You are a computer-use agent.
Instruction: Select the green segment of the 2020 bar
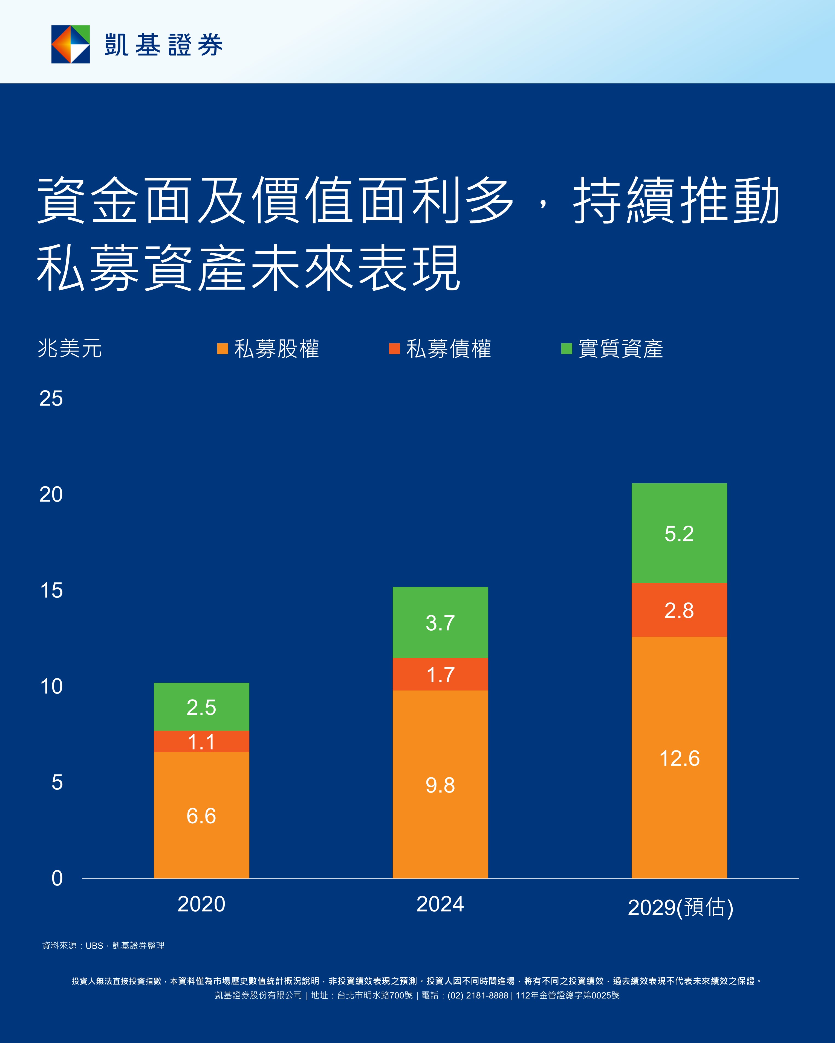pos(201,707)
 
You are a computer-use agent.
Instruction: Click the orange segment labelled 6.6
pos(201,815)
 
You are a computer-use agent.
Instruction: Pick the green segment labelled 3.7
pos(440,623)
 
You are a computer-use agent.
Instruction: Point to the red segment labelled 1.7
pos(440,674)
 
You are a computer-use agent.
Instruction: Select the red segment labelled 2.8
pos(679,610)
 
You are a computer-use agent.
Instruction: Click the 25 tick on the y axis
pos(51,399)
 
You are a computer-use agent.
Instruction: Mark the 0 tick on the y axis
pos(57,878)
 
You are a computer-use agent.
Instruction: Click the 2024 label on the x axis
pos(440,904)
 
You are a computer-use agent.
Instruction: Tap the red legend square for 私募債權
pos(394,349)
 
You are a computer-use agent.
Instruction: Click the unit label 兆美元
pos(70,348)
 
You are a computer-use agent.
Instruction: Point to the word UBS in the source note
pos(94,946)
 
